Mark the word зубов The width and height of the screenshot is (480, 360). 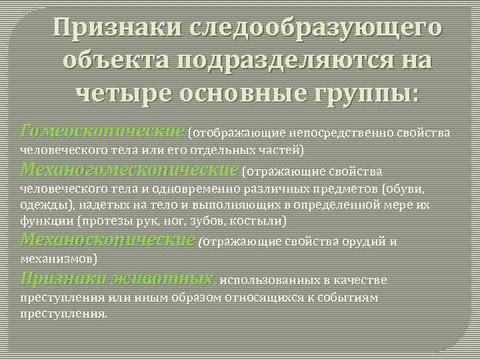coord(210,220)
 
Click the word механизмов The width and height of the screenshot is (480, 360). coord(58,257)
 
